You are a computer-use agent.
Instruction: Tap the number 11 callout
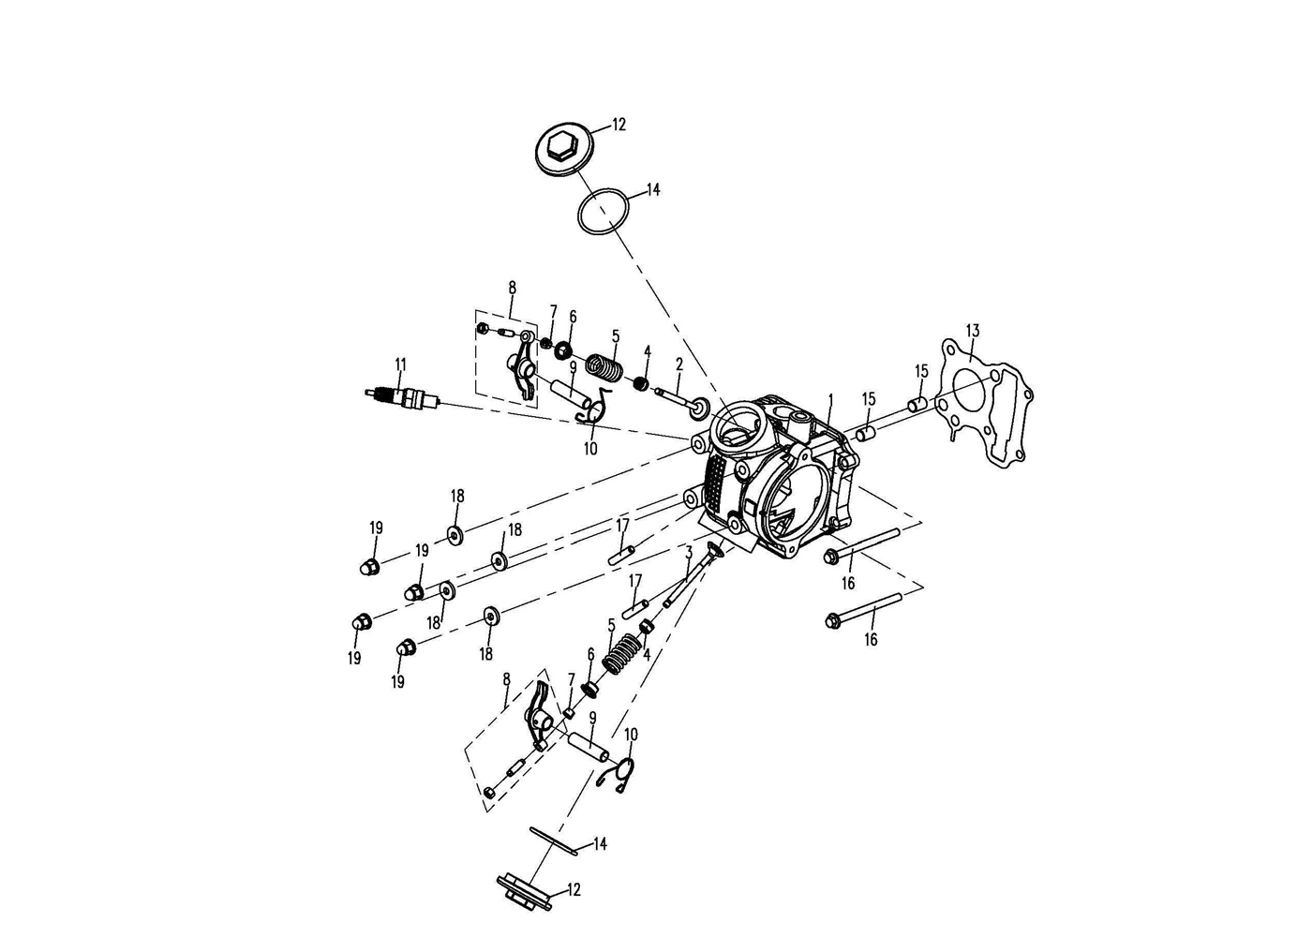click(x=400, y=364)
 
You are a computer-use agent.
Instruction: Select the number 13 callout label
click(x=973, y=331)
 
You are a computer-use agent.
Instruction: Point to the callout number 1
click(x=830, y=400)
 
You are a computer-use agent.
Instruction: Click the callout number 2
click(x=679, y=364)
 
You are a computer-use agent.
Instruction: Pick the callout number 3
click(x=690, y=552)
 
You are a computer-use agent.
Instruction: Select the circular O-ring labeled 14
click(x=604, y=212)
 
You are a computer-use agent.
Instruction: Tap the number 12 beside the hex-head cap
click(x=619, y=125)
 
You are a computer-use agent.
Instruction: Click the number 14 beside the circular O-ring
click(x=653, y=189)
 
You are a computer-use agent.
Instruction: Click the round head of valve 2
click(x=698, y=409)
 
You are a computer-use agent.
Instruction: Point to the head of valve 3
click(x=715, y=549)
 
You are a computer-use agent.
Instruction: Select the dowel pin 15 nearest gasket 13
click(x=917, y=404)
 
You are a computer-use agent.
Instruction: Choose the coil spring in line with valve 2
click(x=604, y=369)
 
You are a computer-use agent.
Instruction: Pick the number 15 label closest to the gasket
click(x=921, y=371)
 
